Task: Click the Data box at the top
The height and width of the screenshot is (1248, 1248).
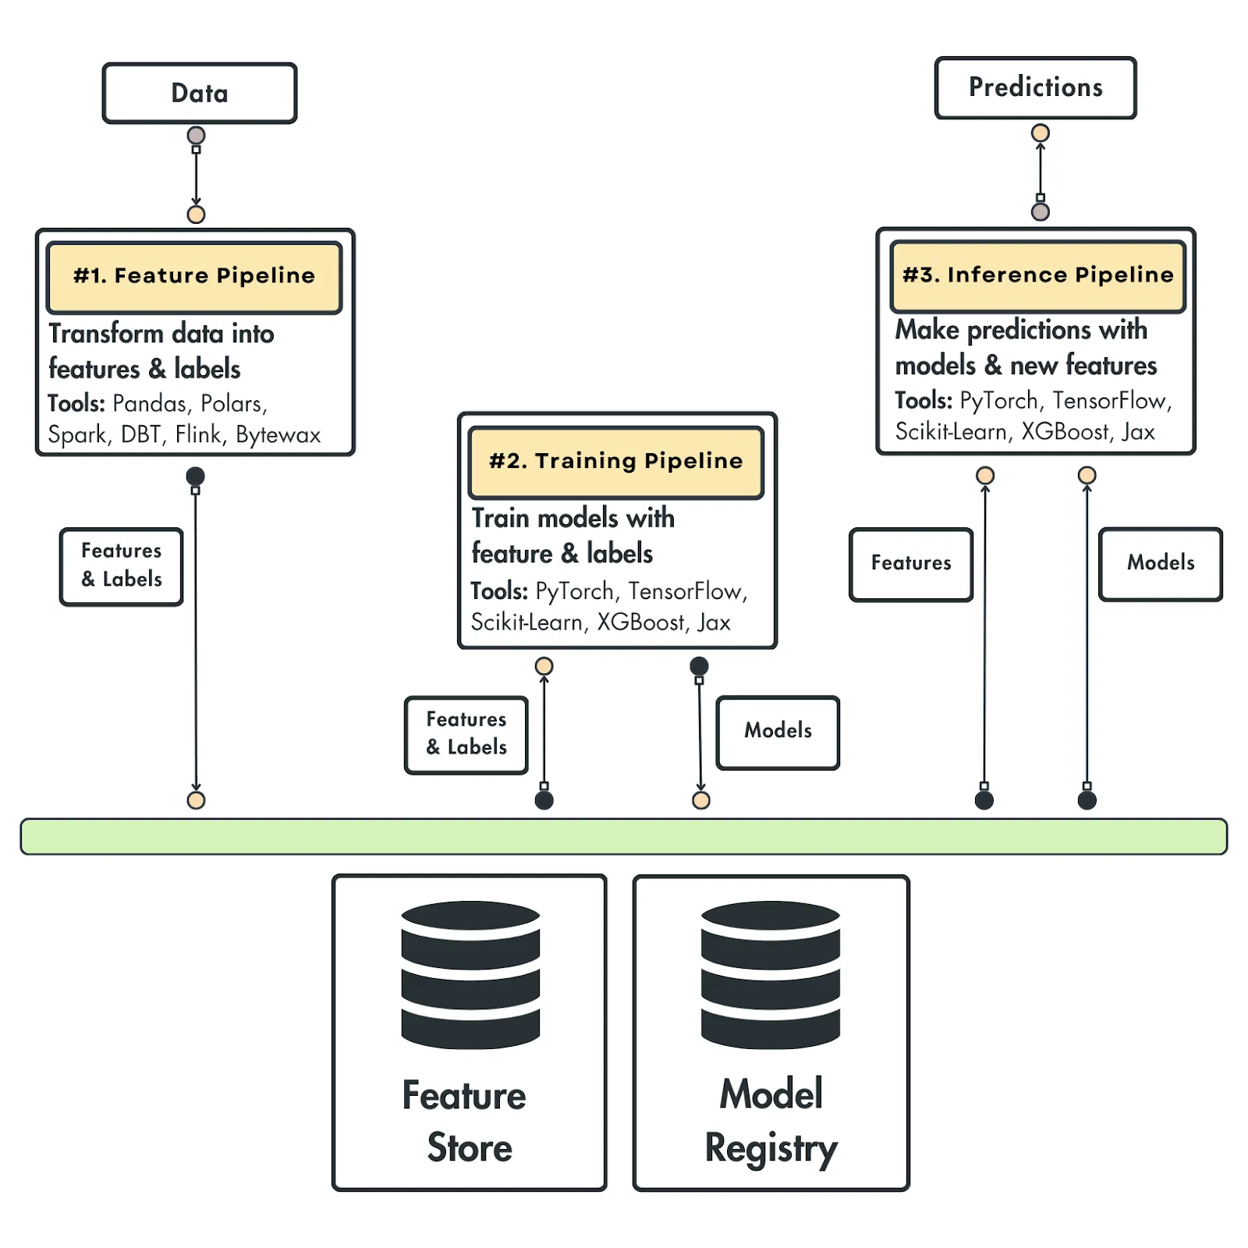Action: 200,93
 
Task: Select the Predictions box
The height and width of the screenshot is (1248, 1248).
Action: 1035,87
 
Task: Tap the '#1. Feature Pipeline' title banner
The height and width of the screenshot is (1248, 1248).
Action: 194,277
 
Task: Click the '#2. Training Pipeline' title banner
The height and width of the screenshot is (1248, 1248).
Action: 616,462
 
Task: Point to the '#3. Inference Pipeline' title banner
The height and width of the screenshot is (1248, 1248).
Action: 1037,276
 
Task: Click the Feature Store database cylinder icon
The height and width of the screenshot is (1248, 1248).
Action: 470,974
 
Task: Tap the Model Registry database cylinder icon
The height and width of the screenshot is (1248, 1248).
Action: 771,974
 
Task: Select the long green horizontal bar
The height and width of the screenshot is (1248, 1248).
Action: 624,836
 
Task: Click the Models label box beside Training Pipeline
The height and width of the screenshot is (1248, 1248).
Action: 778,732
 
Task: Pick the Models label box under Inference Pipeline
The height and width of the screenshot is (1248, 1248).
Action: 1161,564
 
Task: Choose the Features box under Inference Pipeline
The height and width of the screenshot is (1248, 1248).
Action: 911,565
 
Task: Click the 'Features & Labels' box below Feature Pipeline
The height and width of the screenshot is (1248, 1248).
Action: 122,566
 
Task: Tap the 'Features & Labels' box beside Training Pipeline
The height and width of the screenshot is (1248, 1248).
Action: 466,735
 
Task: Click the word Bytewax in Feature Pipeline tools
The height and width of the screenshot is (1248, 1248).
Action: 278,434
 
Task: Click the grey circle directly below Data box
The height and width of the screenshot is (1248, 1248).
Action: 197,136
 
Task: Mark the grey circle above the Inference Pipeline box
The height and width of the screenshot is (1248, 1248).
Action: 1041,212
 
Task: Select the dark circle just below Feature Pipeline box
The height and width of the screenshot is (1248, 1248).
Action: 196,476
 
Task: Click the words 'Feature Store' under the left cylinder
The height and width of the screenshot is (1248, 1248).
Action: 465,1122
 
